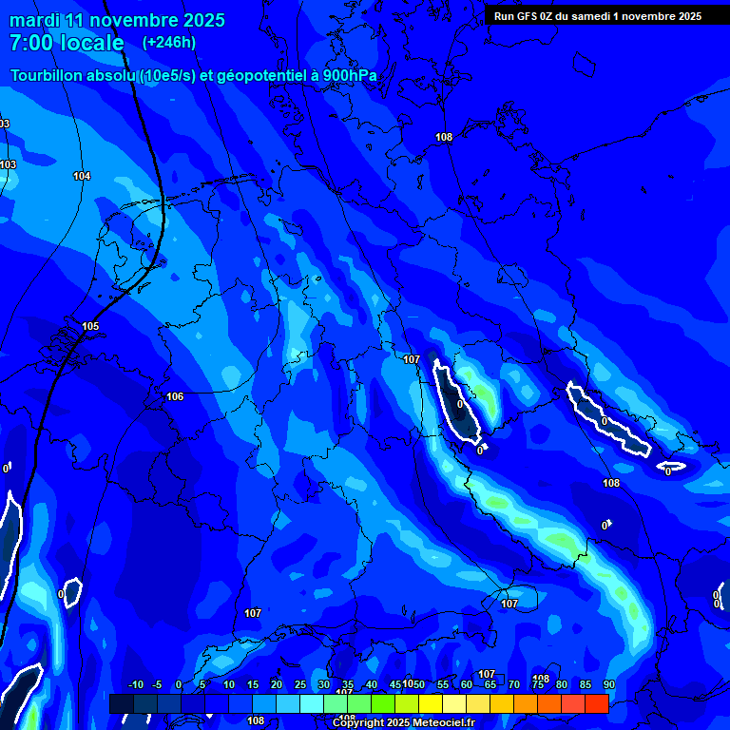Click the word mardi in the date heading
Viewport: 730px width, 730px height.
35,20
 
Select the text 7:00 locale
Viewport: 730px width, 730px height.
67,43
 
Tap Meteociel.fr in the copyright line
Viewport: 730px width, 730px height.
440,723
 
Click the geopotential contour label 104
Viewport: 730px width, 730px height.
82,176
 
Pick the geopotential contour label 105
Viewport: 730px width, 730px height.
90,326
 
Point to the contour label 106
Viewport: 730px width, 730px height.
175,396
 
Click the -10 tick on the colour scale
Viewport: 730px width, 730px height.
134,685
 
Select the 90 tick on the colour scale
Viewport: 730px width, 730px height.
608,685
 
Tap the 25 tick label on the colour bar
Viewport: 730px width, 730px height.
300,685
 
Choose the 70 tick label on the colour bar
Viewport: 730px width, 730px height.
514,685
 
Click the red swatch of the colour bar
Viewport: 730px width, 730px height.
596,703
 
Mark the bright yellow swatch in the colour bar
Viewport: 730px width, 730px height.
430,703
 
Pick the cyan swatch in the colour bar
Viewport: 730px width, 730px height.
311,703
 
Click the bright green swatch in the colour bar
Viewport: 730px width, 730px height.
382,703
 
